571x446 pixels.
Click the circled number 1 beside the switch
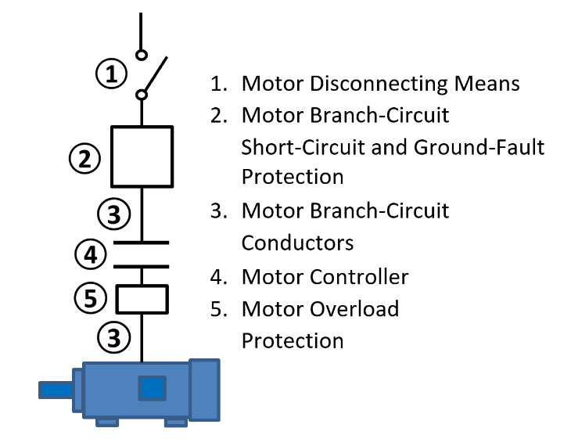coord(112,74)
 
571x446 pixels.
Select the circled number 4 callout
coord(92,254)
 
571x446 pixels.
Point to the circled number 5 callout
coord(91,297)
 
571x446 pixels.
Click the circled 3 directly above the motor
coord(114,338)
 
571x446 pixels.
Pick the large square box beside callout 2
coord(142,156)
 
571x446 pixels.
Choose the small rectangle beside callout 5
coord(142,298)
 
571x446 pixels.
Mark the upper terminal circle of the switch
coord(141,55)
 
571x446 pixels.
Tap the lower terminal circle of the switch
coord(142,95)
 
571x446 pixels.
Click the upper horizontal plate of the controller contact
coord(142,243)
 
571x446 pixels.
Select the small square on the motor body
coord(152,388)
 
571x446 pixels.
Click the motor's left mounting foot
coord(107,423)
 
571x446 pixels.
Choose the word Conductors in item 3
coord(297,243)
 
